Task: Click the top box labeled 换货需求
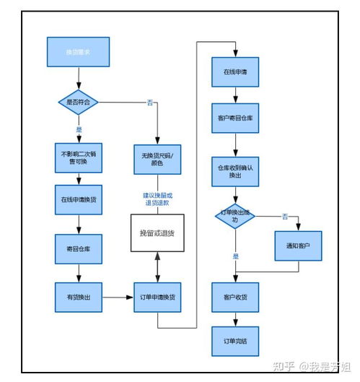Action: pyautogui.click(x=78, y=53)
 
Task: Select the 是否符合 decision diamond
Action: pyautogui.click(x=78, y=103)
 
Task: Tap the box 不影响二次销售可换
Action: pyautogui.click(x=78, y=157)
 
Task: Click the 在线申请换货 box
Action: pyautogui.click(x=78, y=199)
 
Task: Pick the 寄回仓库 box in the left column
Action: pyautogui.click(x=78, y=249)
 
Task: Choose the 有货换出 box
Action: pyautogui.click(x=78, y=297)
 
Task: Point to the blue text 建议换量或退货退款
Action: pyautogui.click(x=157, y=200)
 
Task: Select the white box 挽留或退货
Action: pyautogui.click(x=157, y=233)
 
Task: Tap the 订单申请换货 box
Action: pyautogui.click(x=157, y=298)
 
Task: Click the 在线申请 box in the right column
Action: pyautogui.click(x=235, y=73)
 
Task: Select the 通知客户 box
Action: pyautogui.click(x=298, y=246)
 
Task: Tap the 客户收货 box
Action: pyautogui.click(x=235, y=297)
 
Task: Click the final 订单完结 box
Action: pyautogui.click(x=235, y=341)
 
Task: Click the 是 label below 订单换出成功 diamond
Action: pyautogui.click(x=235, y=256)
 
